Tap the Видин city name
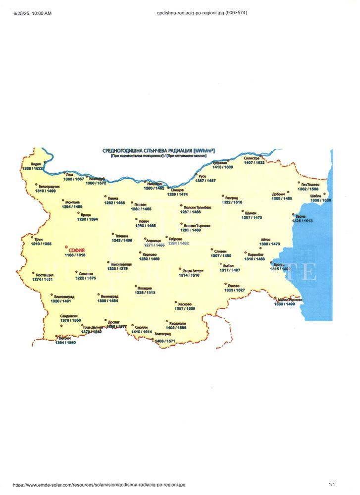pos(36,164)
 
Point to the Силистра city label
pos(252,158)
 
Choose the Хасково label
pos(184,304)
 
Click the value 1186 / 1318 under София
pos(75,255)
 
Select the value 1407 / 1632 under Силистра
pos(255,162)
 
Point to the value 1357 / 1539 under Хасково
pos(185,309)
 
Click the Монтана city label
pos(72,202)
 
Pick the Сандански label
pos(69,316)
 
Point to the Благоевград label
pos(62,296)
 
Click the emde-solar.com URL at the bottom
pos(99,485)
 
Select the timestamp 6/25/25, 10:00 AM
pos(33,13)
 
